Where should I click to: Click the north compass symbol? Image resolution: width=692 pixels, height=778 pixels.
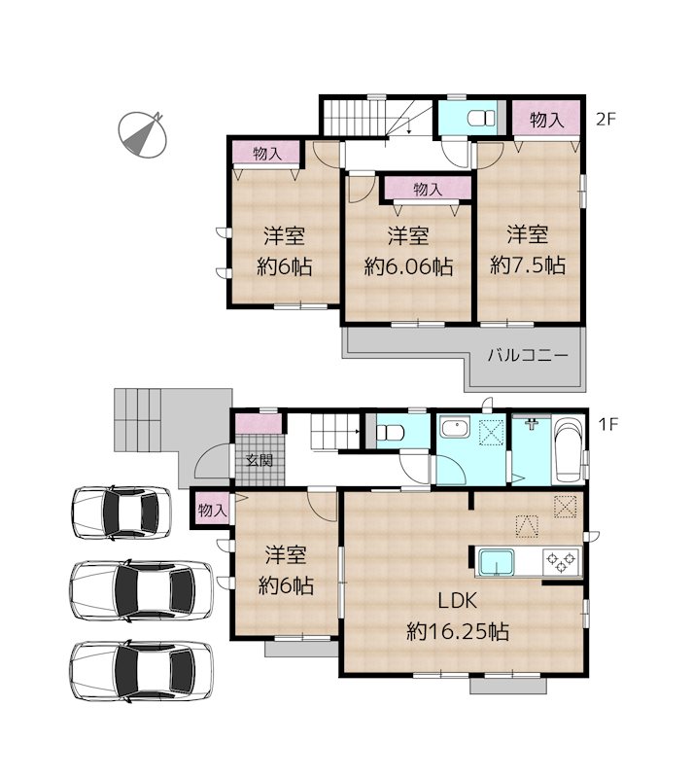(x=142, y=134)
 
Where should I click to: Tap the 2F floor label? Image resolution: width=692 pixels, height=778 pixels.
(x=605, y=119)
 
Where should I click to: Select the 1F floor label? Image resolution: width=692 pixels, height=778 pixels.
(x=607, y=424)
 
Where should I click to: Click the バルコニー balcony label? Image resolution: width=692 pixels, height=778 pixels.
(x=528, y=355)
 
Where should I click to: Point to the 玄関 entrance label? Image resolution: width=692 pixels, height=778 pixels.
(x=259, y=460)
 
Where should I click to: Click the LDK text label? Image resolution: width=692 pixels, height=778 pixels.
(x=457, y=600)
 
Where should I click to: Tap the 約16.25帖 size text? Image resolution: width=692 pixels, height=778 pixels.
(x=457, y=631)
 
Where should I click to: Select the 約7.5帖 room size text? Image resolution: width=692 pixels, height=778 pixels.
(x=528, y=265)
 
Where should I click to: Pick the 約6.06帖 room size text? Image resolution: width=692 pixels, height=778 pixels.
(x=408, y=266)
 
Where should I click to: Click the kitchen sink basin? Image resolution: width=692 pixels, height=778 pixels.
(x=496, y=562)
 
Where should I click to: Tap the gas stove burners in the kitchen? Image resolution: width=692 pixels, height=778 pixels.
(x=562, y=562)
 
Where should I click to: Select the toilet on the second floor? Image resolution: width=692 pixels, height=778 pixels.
(x=481, y=118)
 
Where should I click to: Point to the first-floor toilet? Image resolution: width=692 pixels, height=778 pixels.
(x=390, y=433)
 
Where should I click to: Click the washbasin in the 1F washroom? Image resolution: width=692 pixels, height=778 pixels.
(x=455, y=428)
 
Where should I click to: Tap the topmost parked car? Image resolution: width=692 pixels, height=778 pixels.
(x=121, y=513)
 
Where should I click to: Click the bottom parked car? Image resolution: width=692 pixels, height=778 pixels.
(x=141, y=671)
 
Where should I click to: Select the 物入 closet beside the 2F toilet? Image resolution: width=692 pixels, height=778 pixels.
(x=546, y=119)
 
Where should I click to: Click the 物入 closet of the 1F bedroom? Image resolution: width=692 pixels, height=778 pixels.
(x=212, y=510)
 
